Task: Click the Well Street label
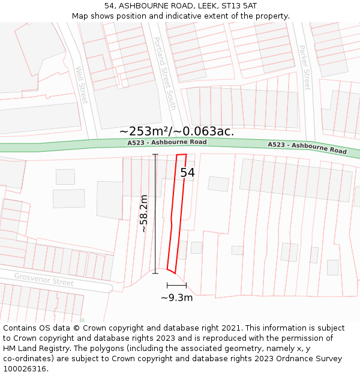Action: [x=81, y=85]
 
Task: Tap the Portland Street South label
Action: [x=164, y=73]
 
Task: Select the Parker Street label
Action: [x=305, y=67]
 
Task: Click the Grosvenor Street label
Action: [x=44, y=279]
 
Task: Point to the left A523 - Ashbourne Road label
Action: [x=167, y=142]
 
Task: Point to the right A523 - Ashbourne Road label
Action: [x=307, y=148]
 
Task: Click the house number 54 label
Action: [x=188, y=173]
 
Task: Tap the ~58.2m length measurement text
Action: [x=144, y=213]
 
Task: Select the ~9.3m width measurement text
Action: [x=177, y=298]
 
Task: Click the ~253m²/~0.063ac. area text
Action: [x=176, y=131]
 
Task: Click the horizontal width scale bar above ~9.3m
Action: [x=176, y=285]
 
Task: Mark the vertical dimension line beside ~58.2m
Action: [x=155, y=214]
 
